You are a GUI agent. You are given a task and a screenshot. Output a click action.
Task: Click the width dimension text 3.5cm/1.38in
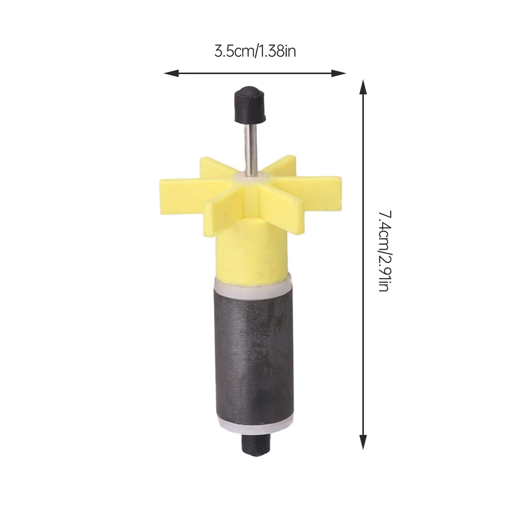(x=255, y=51)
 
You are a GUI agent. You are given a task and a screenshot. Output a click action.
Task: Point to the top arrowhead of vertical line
(x=363, y=87)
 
